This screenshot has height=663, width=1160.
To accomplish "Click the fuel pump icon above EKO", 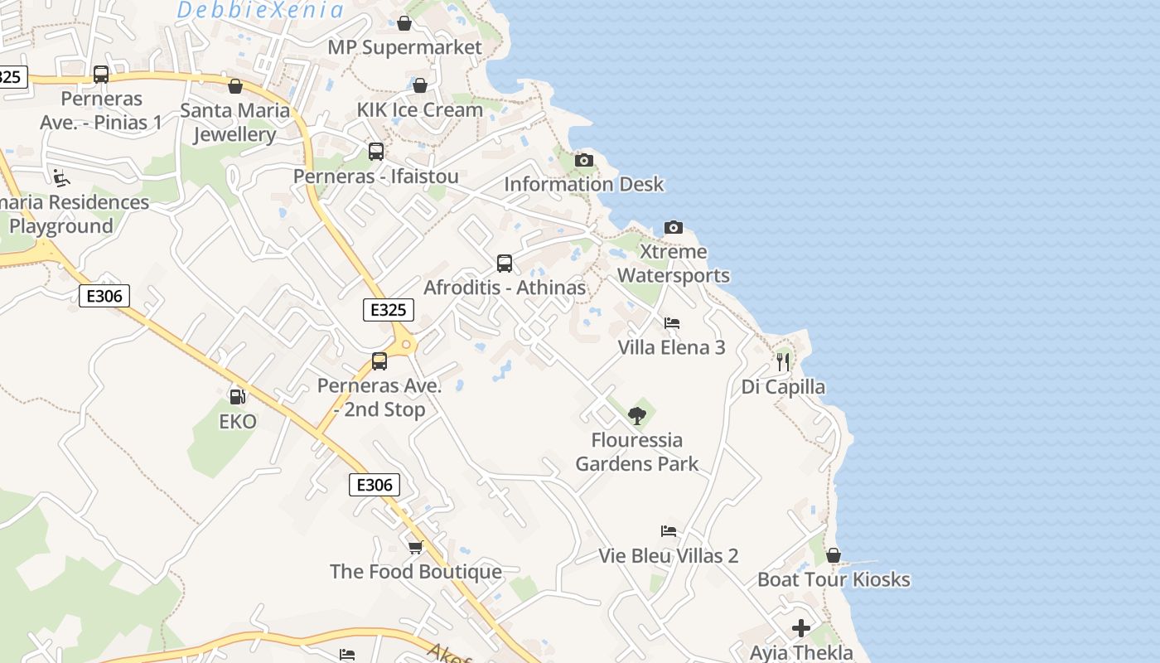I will point(237,397).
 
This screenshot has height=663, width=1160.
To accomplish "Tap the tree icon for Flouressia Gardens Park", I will point(636,416).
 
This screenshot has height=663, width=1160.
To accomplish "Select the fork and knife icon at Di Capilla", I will point(783,362).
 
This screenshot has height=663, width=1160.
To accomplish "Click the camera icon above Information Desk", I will point(584,161).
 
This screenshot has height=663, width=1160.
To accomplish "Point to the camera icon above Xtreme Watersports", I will point(674,227).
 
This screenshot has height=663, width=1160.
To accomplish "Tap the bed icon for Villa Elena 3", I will point(672,323).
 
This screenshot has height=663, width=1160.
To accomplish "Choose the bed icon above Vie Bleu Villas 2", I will point(669,531).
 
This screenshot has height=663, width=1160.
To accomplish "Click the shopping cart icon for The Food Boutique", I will point(415,547).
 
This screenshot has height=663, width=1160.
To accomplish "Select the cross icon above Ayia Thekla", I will point(801,628).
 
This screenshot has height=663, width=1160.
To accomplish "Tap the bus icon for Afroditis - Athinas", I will point(505,264).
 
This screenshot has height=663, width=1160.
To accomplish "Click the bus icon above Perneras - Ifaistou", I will point(376,152).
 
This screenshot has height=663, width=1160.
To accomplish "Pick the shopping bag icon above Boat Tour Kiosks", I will point(834,555).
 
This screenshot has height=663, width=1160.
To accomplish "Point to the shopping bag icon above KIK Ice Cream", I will point(420,85).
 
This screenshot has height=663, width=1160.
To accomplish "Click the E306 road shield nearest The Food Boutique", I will point(375,485).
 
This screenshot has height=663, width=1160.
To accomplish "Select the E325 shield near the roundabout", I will point(388,310).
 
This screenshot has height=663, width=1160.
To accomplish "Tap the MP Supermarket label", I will point(404,47).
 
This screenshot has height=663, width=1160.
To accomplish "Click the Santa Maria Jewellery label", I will point(235,122).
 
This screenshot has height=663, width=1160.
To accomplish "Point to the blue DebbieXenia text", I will point(260,10).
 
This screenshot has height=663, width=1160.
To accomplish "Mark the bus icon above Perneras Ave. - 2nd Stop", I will point(379,361).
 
